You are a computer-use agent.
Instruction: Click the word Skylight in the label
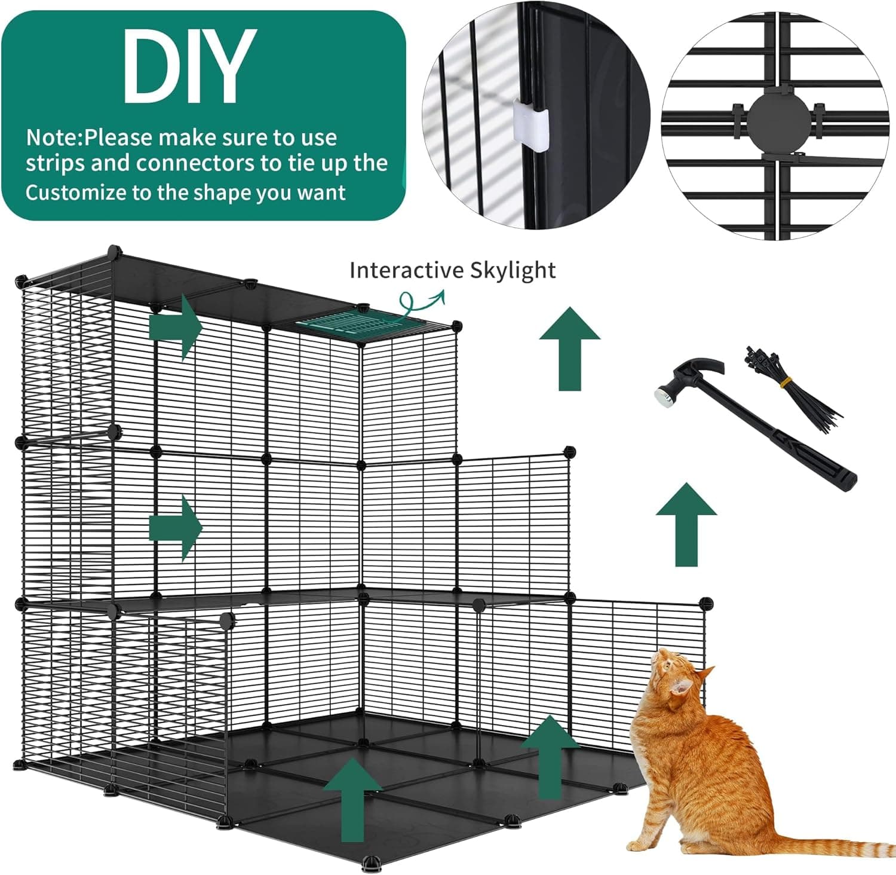pos(512,270)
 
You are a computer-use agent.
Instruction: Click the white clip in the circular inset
pos(530,124)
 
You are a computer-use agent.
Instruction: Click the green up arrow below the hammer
pos(686,524)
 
